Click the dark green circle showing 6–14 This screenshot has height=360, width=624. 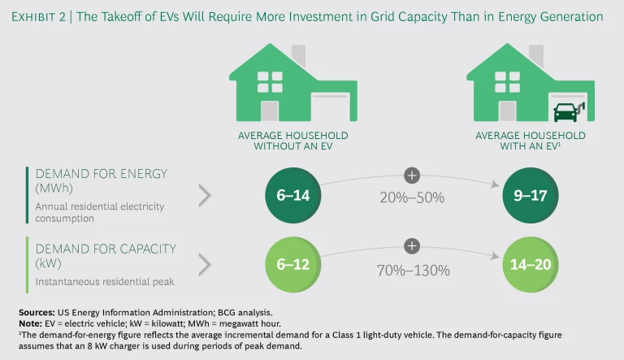[x=292, y=196]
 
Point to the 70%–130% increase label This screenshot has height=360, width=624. [x=412, y=270]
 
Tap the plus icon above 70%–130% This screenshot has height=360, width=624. [x=412, y=245]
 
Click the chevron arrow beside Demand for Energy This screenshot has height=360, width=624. [x=205, y=196]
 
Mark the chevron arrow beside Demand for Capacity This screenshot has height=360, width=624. [x=205, y=264]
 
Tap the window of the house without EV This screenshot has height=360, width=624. [x=270, y=81]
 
